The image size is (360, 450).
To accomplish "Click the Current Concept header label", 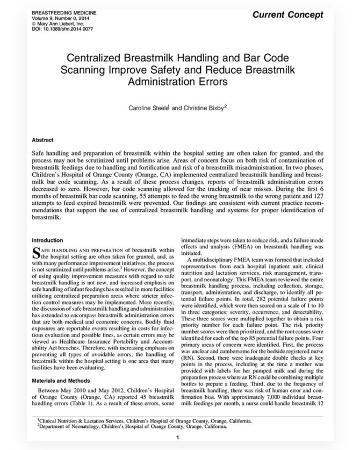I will point(304,13).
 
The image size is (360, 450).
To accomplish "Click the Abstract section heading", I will point(44,138).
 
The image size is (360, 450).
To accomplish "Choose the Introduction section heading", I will point(49,240).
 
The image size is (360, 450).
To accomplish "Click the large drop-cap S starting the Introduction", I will point(36,251).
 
